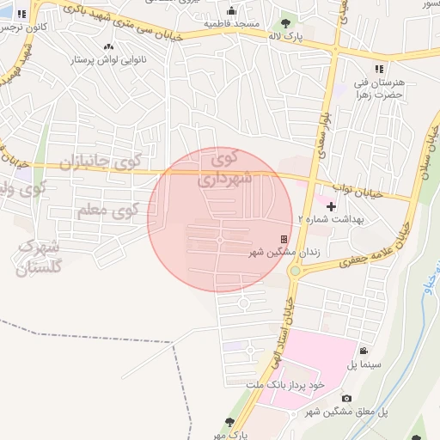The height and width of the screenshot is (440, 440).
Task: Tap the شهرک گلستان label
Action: click(40, 257)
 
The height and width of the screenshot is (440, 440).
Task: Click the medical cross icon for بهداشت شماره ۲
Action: click(332, 206)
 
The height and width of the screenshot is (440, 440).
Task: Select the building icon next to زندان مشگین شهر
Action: click(284, 240)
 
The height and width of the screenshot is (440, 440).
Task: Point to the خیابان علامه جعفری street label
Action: click(352, 258)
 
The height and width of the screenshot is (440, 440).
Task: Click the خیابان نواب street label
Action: click(343, 189)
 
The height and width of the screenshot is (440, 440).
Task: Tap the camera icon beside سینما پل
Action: click(364, 351)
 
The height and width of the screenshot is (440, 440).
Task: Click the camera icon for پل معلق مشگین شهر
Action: click(345, 398)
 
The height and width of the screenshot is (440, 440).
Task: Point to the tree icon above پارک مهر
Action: click(229, 422)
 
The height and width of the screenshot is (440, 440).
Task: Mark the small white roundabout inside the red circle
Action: click(221, 239)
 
